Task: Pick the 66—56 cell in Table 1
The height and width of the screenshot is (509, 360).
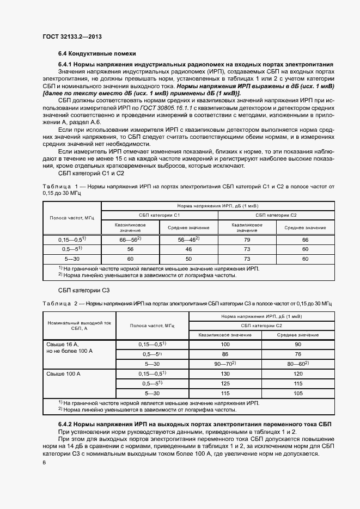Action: pos(130,240)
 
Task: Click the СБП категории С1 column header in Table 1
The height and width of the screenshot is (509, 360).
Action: pos(159,216)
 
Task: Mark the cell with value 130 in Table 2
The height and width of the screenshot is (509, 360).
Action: pos(225,373)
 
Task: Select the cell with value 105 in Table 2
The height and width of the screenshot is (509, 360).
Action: pos(298,393)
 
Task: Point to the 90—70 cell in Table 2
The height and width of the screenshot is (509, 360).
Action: pos(225,364)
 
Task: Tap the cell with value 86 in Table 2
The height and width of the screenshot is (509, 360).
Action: pos(225,354)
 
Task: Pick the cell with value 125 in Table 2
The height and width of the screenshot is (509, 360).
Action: pos(225,383)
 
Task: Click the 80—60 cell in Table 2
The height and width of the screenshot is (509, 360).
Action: pos(298,364)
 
